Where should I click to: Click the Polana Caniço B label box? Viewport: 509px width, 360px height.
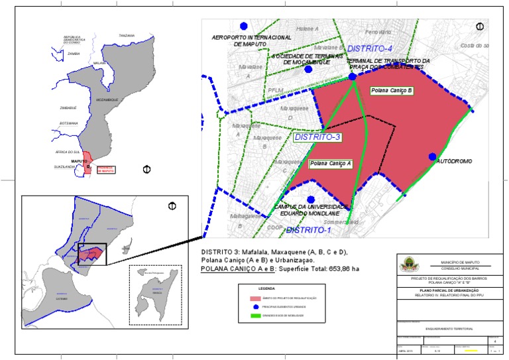coord(392,90)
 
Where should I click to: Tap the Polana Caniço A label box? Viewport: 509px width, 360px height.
coord(330,162)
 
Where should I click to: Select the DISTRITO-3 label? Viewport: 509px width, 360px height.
coord(317,137)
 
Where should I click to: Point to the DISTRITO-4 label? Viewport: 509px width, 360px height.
coord(370,49)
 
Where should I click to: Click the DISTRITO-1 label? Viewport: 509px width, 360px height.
coord(308,230)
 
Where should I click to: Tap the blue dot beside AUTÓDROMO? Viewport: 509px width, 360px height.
coord(432,156)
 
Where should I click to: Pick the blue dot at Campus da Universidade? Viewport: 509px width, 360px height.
coord(311,199)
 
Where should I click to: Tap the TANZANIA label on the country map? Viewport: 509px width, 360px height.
coord(126,35)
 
